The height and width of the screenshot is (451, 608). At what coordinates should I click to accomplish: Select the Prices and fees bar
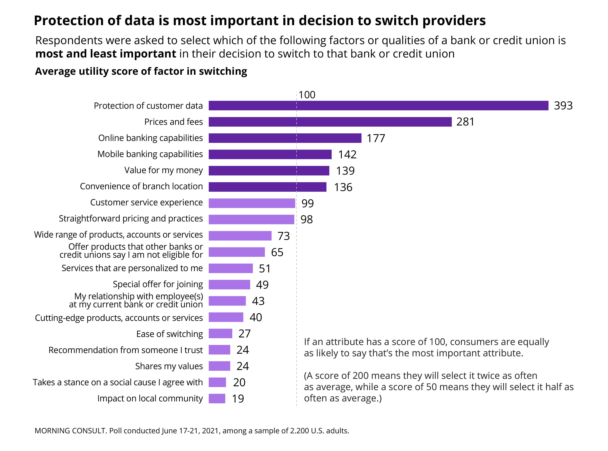point(330,122)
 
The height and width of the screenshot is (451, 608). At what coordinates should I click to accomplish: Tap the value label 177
point(376,138)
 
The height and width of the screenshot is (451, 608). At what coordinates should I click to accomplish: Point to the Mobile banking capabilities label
point(150,154)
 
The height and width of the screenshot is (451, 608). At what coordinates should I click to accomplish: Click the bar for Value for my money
point(269,171)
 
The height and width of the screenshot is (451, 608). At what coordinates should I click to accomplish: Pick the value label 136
point(343,187)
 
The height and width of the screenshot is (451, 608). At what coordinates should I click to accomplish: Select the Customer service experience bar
point(252,203)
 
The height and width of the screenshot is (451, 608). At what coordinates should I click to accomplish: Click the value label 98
point(306,220)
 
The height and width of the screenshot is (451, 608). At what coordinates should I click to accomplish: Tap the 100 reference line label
point(307,95)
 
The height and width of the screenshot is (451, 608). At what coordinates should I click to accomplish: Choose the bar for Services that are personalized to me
point(231,268)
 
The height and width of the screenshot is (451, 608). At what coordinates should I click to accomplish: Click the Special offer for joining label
point(158,284)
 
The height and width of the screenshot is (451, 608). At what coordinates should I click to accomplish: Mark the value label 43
point(258,301)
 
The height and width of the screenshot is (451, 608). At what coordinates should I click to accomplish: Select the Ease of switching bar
point(220,334)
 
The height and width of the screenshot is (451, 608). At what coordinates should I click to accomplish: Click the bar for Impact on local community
point(217,399)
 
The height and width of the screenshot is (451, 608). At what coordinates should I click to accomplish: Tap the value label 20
point(239,383)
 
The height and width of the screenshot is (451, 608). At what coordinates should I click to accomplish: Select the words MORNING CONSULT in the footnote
point(70,431)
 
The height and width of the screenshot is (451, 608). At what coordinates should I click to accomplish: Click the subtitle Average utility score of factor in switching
point(141,71)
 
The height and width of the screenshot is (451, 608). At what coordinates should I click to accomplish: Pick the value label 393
point(563,106)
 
